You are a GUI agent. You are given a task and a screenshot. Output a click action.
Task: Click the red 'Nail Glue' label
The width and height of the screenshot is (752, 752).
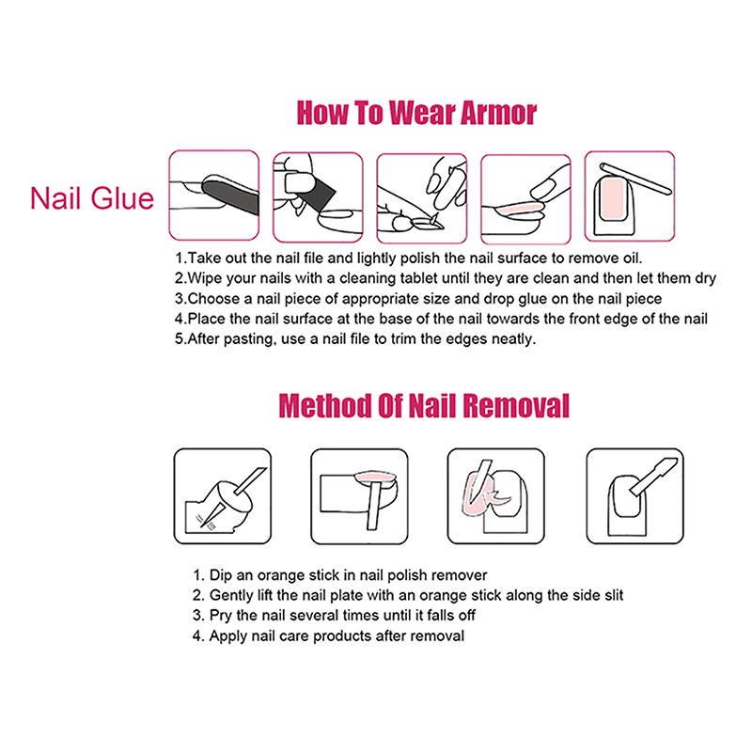[92, 198]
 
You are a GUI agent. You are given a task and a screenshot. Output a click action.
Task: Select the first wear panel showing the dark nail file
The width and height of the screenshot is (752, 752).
[214, 196]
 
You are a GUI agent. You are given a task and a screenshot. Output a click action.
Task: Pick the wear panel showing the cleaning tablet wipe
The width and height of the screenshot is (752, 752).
[318, 197]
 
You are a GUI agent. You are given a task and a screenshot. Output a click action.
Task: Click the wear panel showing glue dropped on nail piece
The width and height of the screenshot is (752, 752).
[421, 198]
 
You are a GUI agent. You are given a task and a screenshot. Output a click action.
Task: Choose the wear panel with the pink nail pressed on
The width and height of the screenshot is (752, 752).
[525, 199]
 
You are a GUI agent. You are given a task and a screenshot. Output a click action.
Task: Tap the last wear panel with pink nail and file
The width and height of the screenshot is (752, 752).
[630, 196]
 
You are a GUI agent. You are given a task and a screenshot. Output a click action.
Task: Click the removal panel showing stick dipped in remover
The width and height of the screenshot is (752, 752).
[223, 496]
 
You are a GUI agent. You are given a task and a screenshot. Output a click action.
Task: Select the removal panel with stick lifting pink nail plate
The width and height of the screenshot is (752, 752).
[359, 496]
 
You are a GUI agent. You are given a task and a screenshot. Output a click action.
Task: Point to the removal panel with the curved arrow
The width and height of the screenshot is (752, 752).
[496, 496]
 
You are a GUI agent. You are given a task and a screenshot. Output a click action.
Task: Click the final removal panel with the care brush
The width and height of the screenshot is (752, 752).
[635, 496]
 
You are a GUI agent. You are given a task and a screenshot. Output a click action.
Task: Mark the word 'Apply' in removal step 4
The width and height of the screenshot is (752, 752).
[227, 636]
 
